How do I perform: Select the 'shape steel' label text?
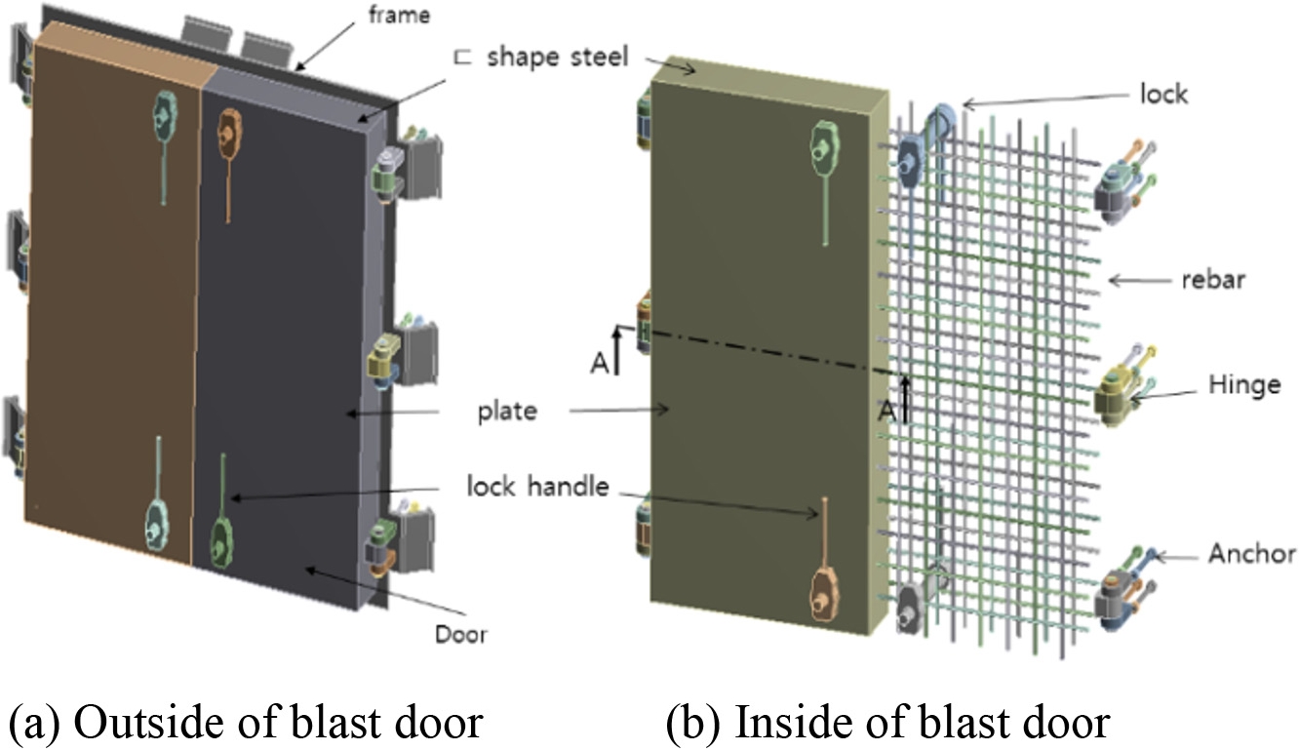(x=555, y=58)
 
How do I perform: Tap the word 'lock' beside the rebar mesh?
(x=1163, y=94)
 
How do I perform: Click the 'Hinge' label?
(x=1240, y=384)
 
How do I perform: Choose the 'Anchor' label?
(x=1251, y=554)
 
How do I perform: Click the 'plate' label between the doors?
(x=506, y=411)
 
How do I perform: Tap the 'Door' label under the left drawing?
(x=460, y=635)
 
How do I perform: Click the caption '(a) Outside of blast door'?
(x=245, y=723)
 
